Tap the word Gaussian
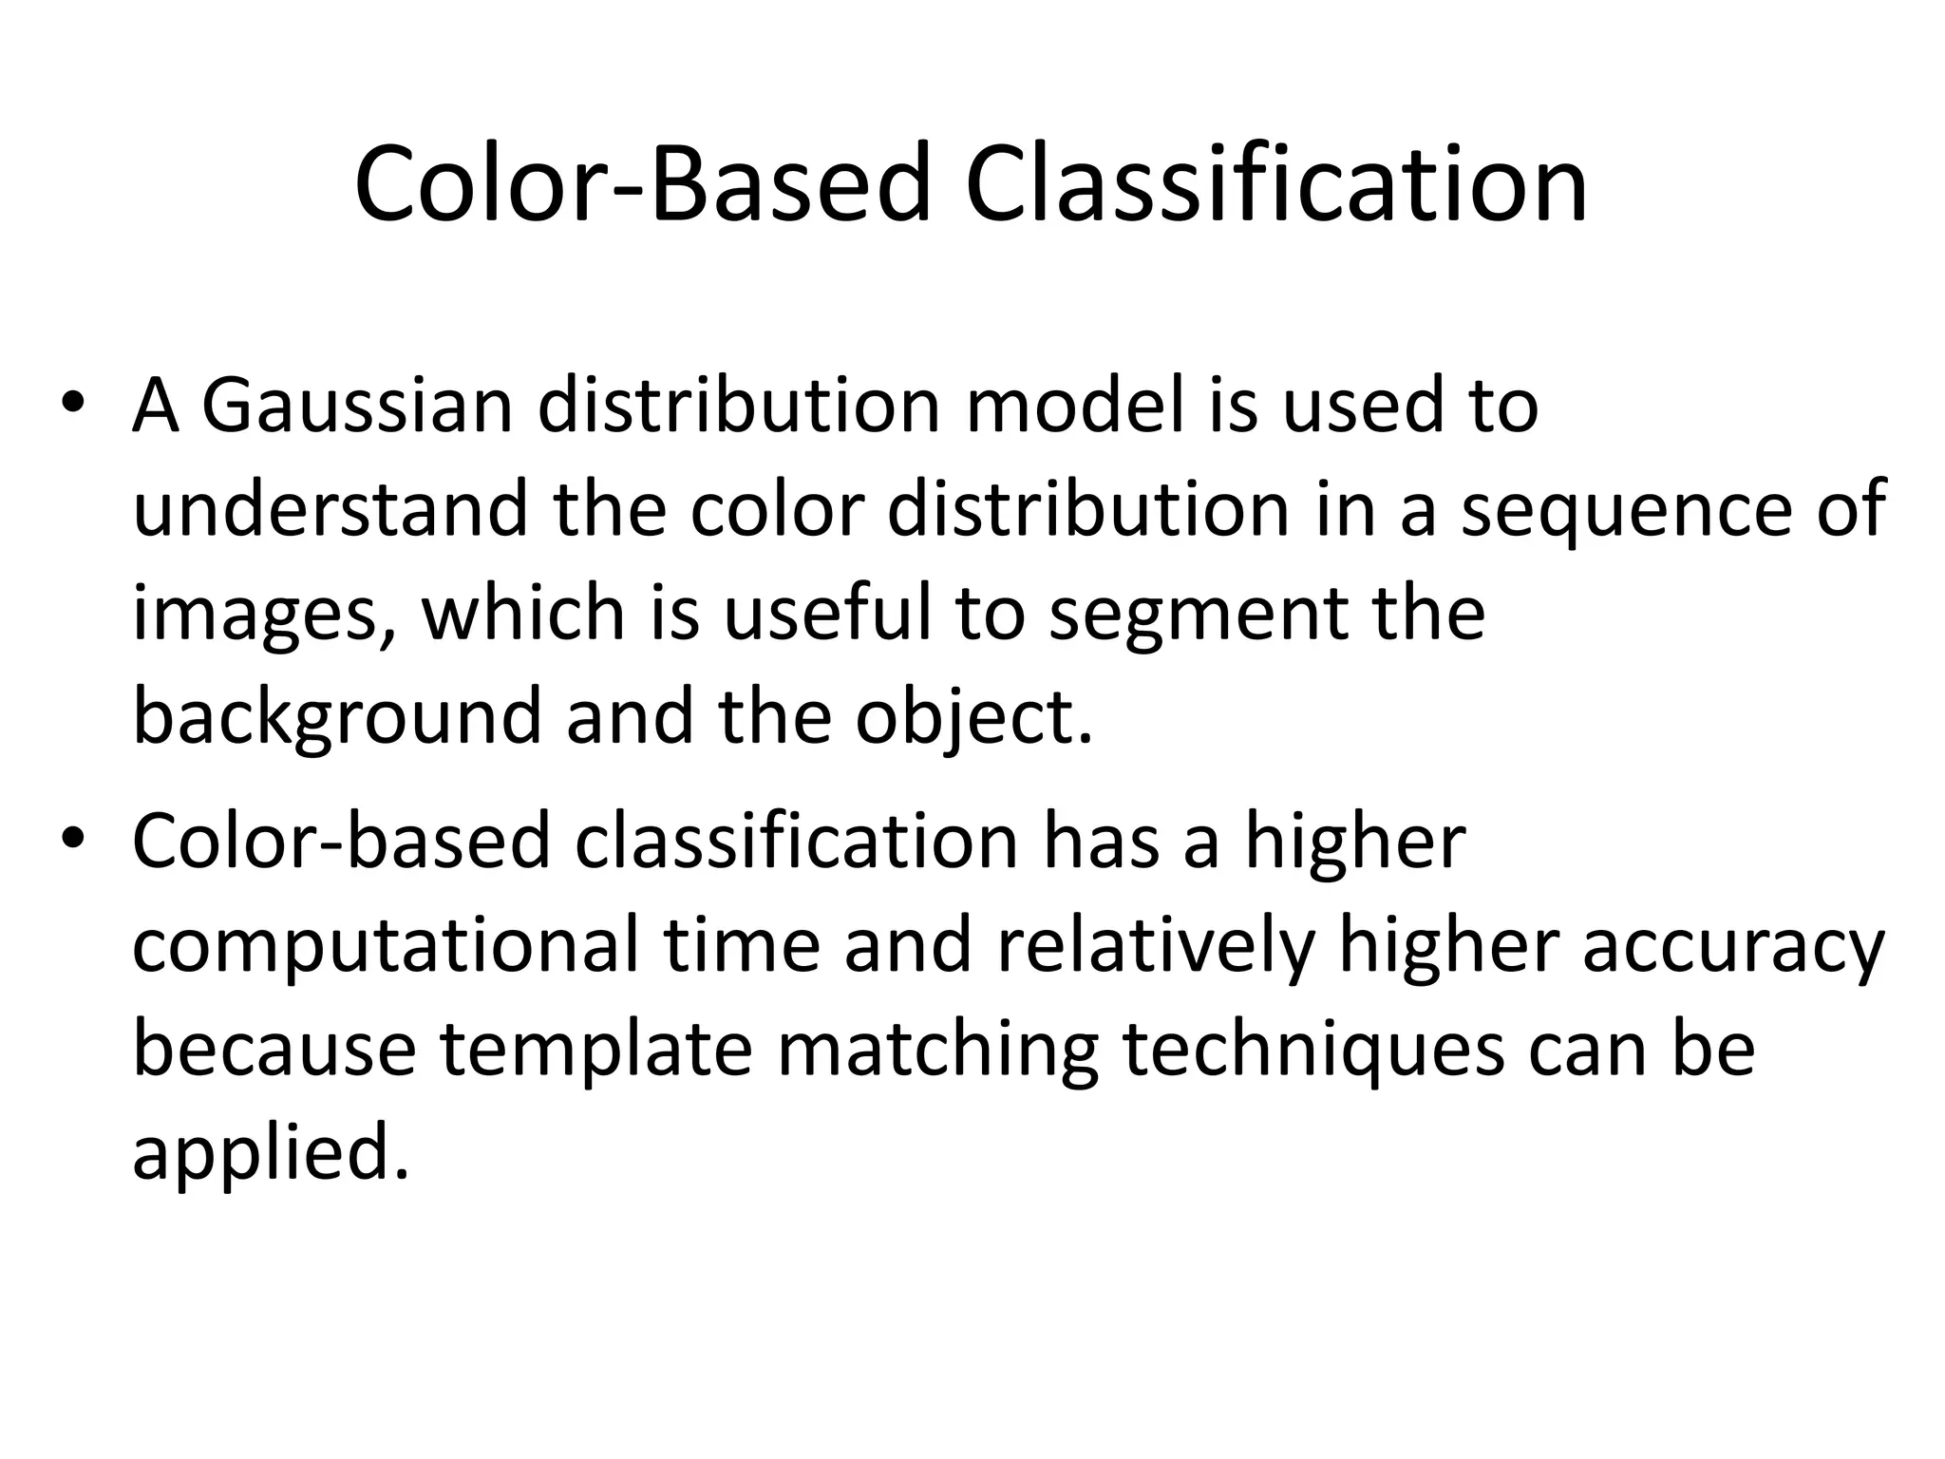click(357, 407)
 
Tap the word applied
click(271, 1155)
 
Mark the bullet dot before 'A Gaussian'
click(73, 403)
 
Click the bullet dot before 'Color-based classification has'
click(73, 840)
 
